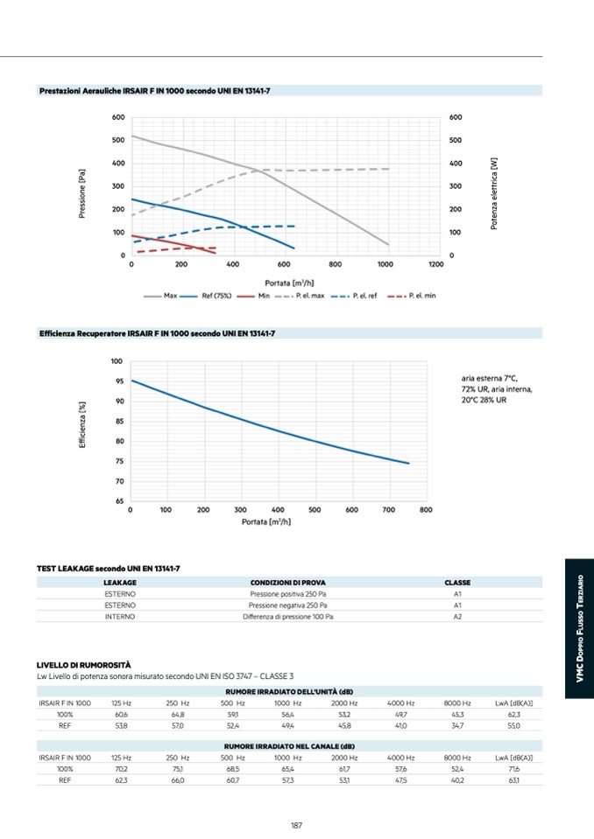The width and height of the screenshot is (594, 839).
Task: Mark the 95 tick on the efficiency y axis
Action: [117, 381]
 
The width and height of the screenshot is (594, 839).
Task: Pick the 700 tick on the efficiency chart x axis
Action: [388, 510]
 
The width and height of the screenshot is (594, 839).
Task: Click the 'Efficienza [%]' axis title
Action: [82, 425]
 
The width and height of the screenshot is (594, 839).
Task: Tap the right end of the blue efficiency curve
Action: [408, 463]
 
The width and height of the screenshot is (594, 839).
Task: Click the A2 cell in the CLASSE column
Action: [457, 617]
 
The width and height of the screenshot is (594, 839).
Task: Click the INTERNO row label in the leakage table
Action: [120, 617]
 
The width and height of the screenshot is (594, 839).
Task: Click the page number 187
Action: [296, 825]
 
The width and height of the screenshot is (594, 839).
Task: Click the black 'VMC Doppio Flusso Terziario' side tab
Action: [579, 630]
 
